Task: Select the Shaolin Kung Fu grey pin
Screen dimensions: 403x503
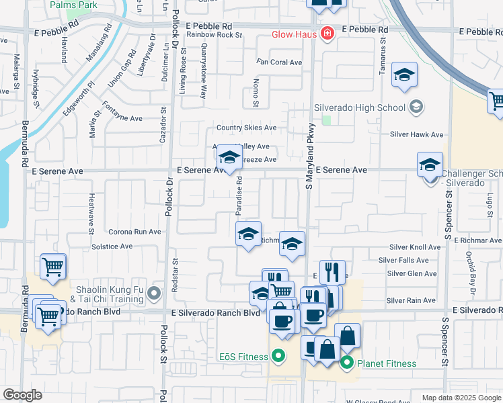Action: point(155,293)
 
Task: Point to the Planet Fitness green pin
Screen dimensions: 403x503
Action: point(347,364)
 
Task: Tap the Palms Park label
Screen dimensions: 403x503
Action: point(73,5)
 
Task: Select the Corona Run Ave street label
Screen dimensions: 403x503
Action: point(135,232)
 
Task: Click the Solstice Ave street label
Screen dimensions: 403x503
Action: point(112,247)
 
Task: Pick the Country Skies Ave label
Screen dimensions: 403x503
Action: point(246,128)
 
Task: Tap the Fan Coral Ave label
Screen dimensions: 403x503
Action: point(278,62)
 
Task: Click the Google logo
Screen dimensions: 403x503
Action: point(22,395)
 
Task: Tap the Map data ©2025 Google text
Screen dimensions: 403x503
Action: point(460,398)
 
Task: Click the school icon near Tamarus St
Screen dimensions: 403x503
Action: point(404,76)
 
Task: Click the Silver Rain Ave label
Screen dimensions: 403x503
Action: point(412,300)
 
